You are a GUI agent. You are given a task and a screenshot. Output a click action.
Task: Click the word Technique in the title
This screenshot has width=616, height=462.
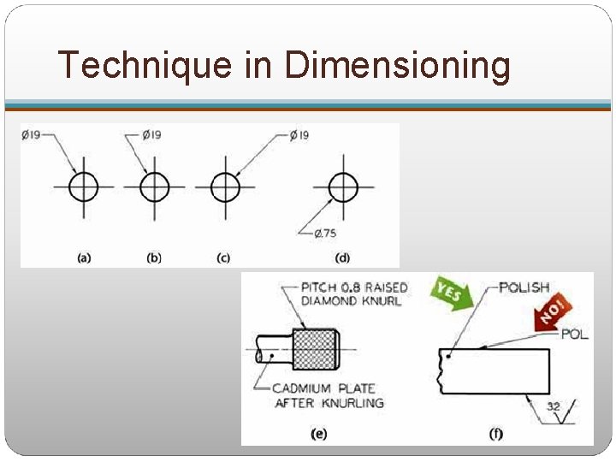coord(145,65)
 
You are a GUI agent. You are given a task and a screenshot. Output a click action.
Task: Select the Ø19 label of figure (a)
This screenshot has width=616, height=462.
coord(31,135)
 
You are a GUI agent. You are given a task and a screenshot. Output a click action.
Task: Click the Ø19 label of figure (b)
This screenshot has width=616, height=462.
coord(151,135)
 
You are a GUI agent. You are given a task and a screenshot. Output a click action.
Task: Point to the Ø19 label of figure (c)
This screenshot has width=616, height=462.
coord(299,135)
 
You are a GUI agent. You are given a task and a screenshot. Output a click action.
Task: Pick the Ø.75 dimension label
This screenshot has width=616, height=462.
coord(325,234)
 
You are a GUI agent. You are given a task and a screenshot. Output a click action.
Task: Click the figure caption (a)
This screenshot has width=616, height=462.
coord(84,258)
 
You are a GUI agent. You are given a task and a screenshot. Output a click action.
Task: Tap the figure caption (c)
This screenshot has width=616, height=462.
coord(223,258)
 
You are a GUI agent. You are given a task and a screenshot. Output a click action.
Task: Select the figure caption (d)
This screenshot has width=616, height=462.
coord(342,258)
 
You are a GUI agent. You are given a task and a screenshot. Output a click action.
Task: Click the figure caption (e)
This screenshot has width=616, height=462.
coord(318,434)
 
